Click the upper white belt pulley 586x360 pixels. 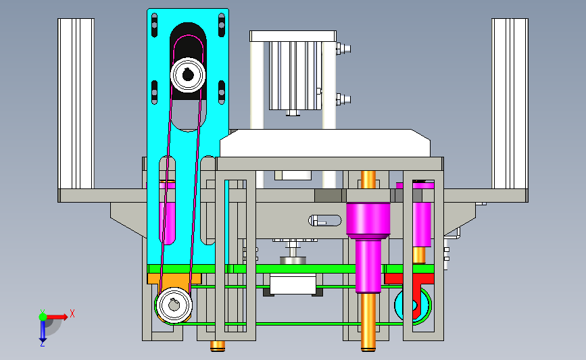click(188, 75)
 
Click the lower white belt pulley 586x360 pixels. click(174, 305)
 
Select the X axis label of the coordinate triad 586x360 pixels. click(72, 313)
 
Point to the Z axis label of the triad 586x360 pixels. click(42, 344)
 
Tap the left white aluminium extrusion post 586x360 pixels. click(76, 103)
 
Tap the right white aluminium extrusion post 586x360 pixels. click(510, 103)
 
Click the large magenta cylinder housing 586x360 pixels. click(368, 220)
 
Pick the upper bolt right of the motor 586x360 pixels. click(343, 49)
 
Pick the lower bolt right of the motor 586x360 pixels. click(343, 100)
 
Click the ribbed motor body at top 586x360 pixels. click(295, 76)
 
